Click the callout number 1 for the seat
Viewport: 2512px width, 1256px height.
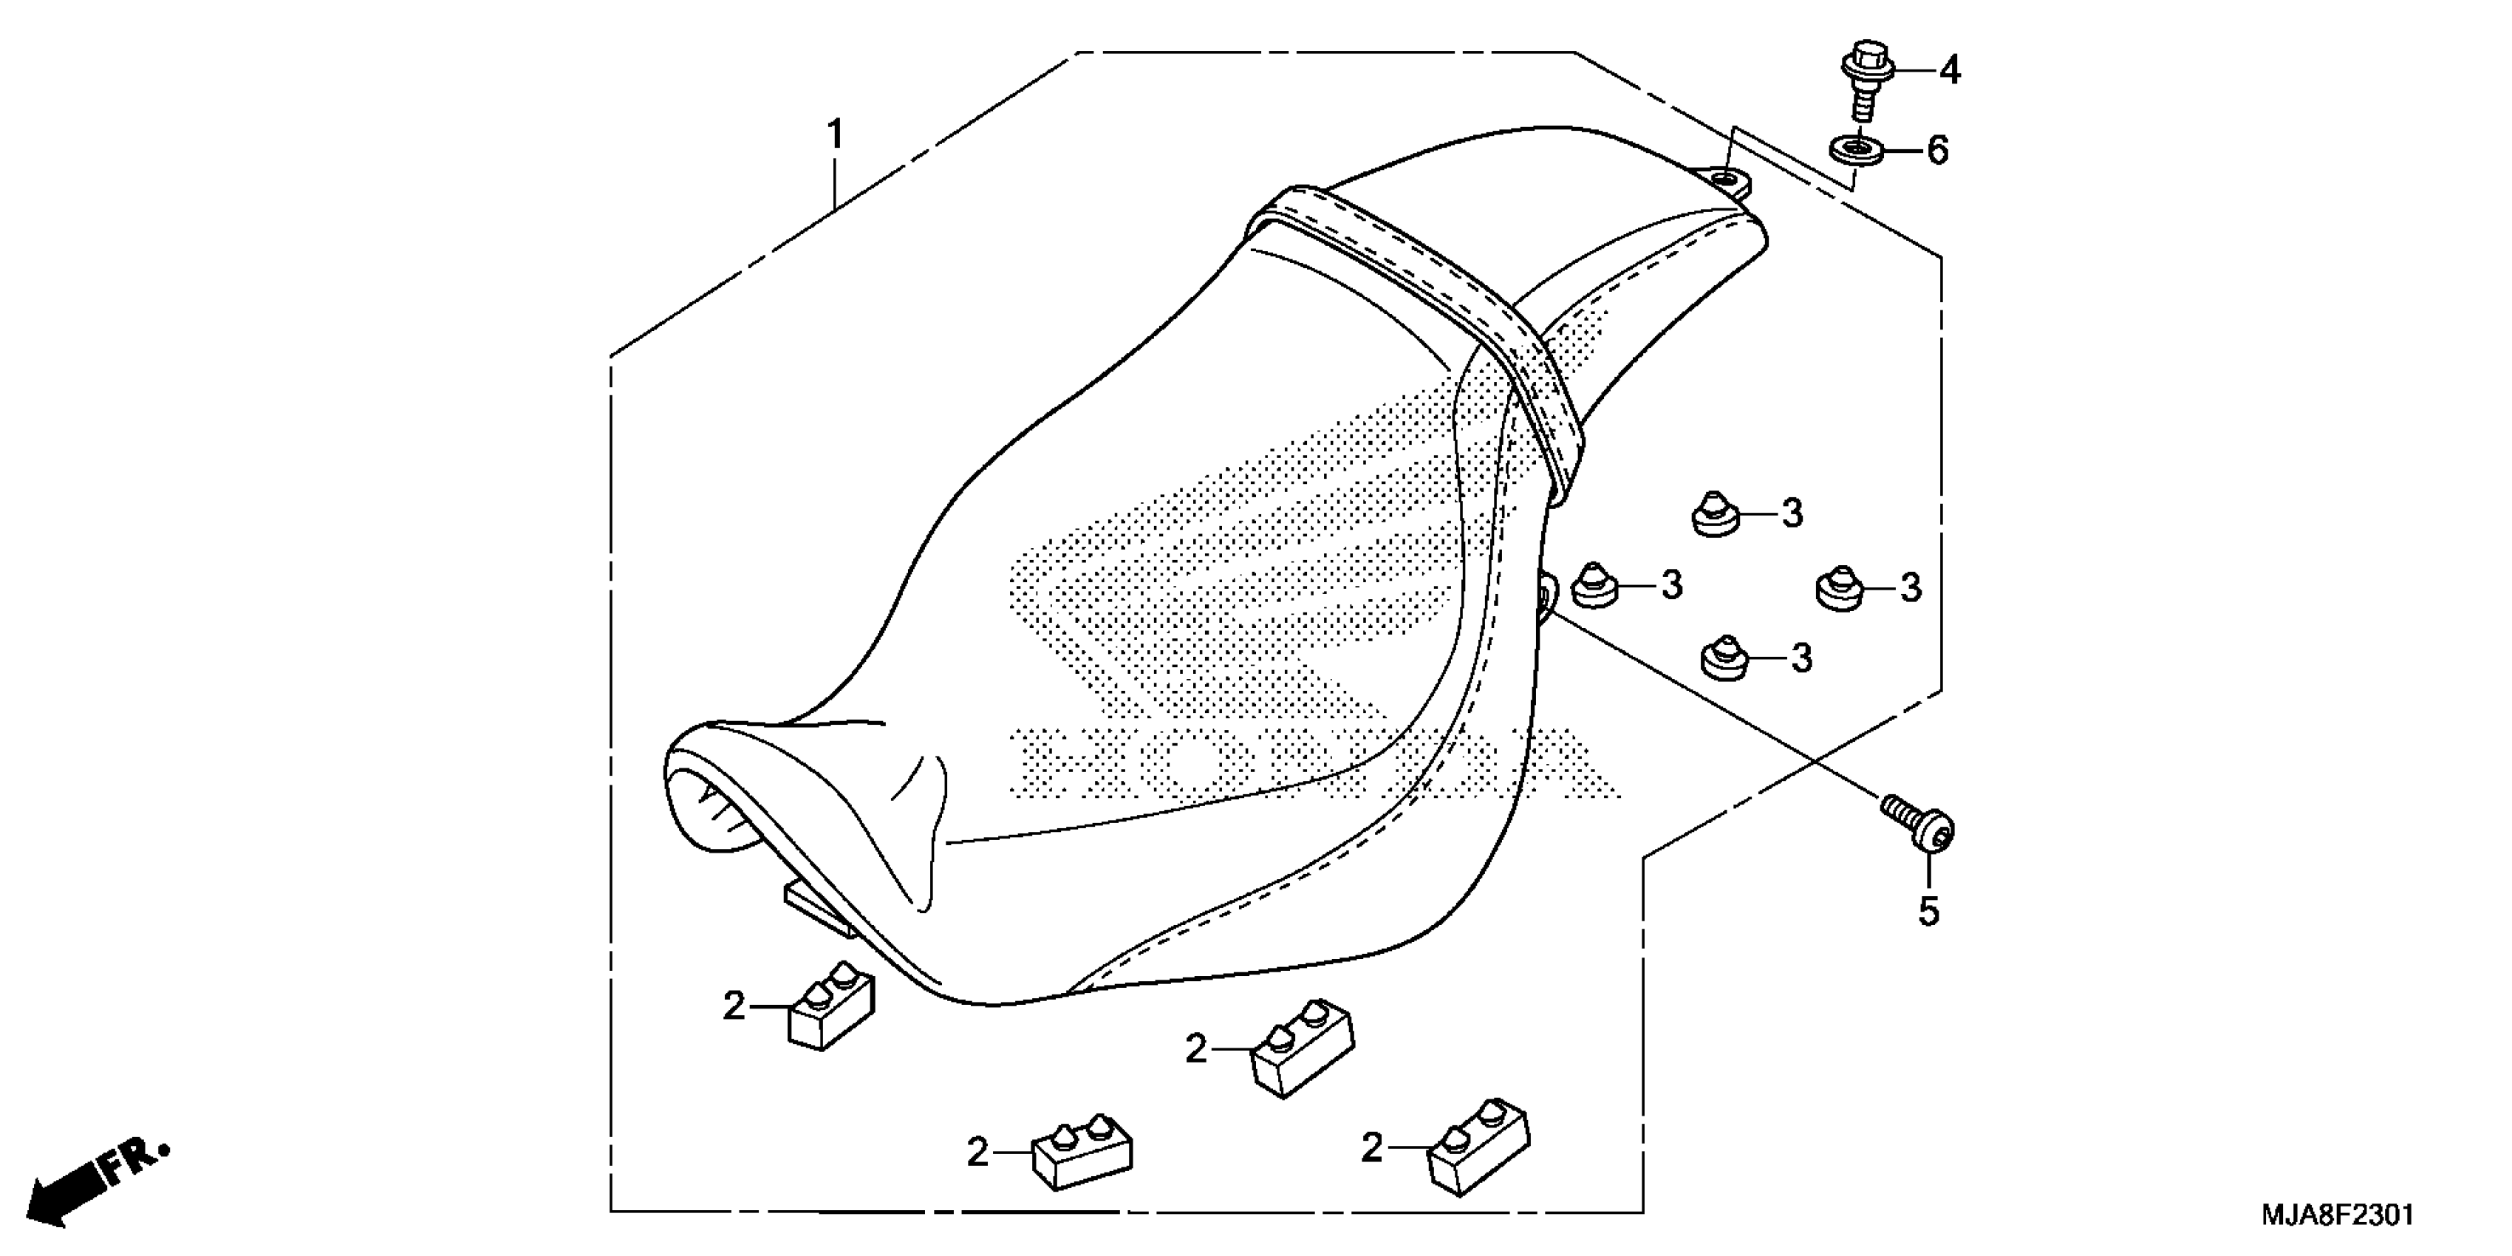click(835, 134)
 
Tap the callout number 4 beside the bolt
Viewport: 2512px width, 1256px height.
click(1948, 70)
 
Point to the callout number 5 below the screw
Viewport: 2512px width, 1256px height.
click(1929, 911)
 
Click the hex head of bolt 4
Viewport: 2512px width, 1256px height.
click(1866, 61)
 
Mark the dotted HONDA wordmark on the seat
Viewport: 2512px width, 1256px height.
click(1307, 761)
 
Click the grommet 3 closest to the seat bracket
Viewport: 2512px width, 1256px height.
click(1595, 585)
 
